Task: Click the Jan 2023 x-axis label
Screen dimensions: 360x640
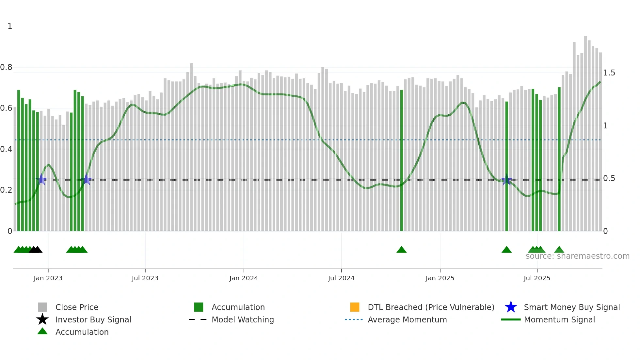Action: [48, 278]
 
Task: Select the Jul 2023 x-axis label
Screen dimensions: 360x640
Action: [145, 278]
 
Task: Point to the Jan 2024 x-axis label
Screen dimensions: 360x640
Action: [244, 278]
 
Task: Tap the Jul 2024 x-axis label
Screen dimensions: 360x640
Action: [341, 278]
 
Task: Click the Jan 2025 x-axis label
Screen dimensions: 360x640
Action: [440, 278]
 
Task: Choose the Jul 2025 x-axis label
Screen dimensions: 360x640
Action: [537, 278]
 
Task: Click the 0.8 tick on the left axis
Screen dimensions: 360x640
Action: [7, 67]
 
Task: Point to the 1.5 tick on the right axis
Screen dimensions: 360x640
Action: [609, 73]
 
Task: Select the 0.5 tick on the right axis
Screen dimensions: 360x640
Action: [609, 178]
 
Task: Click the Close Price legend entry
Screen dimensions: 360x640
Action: [77, 307]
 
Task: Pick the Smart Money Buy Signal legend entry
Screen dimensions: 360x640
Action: [572, 307]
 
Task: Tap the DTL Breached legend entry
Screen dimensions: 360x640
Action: [431, 307]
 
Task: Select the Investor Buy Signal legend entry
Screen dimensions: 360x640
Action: [93, 319]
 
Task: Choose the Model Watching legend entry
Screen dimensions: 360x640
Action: [243, 319]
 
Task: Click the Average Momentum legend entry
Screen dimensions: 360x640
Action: [407, 319]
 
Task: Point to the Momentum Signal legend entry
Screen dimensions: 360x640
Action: [559, 319]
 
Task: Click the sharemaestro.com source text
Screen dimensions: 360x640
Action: [577, 256]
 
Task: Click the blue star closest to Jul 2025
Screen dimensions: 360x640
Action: [506, 179]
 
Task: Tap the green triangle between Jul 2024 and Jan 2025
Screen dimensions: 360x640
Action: [401, 250]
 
